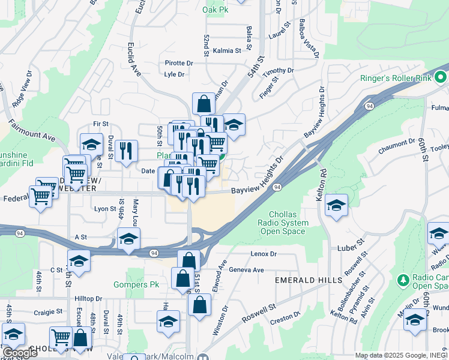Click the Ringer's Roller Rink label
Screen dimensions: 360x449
click(x=396, y=78)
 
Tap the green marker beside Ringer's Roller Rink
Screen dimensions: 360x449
click(x=441, y=77)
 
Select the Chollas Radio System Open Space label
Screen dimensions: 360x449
click(x=283, y=223)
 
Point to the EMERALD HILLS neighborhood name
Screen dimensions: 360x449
click(x=309, y=280)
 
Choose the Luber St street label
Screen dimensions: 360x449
click(x=352, y=245)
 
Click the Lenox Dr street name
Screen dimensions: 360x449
click(x=264, y=254)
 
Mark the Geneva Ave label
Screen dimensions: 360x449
click(x=246, y=270)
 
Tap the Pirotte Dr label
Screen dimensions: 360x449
click(x=179, y=63)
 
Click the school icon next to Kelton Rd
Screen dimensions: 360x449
click(x=337, y=206)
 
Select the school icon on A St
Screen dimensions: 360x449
click(x=128, y=239)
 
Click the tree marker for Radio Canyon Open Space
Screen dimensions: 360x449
click(x=403, y=280)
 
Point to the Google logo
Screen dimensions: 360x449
click(x=20, y=353)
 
